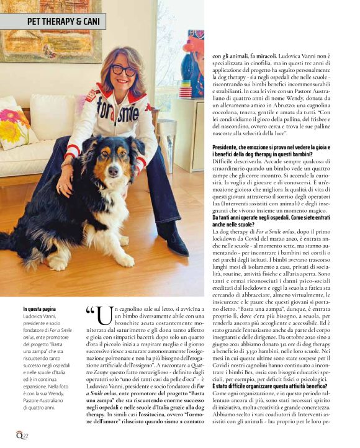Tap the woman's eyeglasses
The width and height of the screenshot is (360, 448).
124,69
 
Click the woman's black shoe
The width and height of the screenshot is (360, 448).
176,243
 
